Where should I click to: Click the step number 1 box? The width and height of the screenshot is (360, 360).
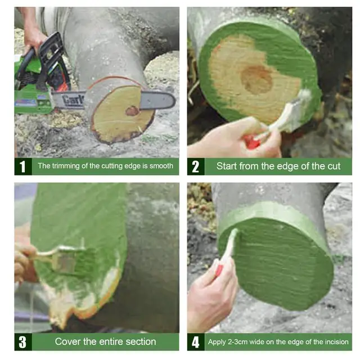click(x=22, y=166)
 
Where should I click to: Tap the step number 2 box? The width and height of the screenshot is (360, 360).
click(x=195, y=166)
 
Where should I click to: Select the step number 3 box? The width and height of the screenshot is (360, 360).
click(x=22, y=342)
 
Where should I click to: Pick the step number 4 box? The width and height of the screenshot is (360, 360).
click(x=195, y=342)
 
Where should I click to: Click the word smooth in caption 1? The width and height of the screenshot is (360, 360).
click(x=161, y=166)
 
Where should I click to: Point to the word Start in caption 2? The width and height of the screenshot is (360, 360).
click(x=228, y=166)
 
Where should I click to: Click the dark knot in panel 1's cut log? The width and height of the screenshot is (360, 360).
click(x=132, y=111)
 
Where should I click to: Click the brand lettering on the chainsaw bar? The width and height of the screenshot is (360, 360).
click(x=73, y=100)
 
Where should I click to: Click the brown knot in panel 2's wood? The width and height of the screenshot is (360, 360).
click(x=256, y=80)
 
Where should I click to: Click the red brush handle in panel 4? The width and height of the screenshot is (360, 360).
click(x=219, y=271)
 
